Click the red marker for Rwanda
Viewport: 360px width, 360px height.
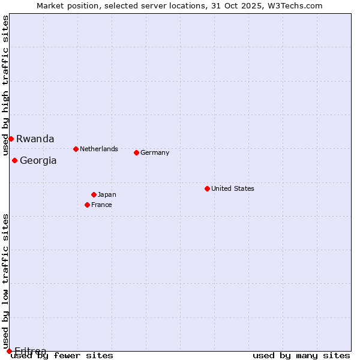coord(11,139)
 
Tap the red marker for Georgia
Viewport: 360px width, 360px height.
coord(14,160)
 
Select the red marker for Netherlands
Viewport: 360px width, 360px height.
coord(76,149)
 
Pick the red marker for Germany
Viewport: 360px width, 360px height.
coord(136,152)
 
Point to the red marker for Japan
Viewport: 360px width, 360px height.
coord(94,194)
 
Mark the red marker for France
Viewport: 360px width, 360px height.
coord(87,205)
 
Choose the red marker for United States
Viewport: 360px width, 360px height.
coord(207,188)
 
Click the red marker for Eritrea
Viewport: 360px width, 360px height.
coord(9,351)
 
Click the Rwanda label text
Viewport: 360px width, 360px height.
coord(35,139)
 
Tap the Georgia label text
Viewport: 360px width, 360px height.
coord(38,160)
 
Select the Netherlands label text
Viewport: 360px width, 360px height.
coord(99,149)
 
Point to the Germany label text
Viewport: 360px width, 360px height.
coord(155,152)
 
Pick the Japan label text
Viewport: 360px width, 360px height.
coord(107,194)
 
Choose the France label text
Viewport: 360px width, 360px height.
coord(101,205)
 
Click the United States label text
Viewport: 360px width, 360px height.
coord(233,188)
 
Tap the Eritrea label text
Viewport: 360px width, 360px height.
coord(30,351)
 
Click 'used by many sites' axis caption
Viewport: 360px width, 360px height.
coord(301,356)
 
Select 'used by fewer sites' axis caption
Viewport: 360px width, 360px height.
coord(62,356)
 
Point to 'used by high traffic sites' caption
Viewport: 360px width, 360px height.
coord(5,77)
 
